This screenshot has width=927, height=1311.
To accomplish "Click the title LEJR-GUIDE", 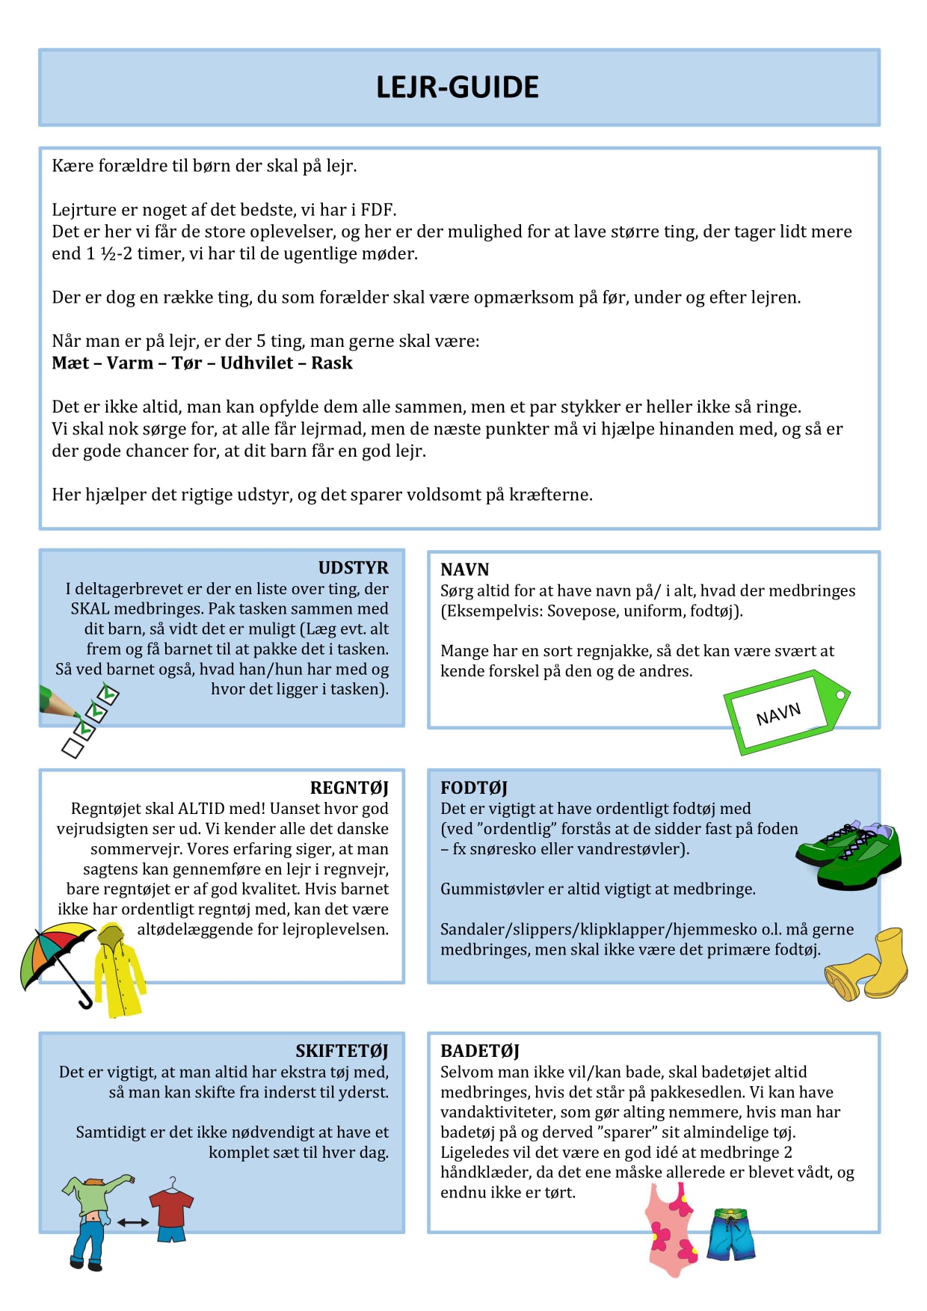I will point(457,87).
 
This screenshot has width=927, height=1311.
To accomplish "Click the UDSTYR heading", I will point(353,567).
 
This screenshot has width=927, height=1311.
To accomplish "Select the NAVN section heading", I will point(464,570).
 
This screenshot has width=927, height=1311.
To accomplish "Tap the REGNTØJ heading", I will point(349,788).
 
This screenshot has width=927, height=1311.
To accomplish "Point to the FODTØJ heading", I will point(474,788).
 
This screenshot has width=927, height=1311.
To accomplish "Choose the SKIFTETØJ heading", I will point(342,1051).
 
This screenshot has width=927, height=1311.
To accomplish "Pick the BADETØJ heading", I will point(479,1051).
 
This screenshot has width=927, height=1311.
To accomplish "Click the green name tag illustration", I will point(785,712).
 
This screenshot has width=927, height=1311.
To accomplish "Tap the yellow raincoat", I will point(117,972).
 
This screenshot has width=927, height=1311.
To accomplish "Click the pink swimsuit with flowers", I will point(671,1230).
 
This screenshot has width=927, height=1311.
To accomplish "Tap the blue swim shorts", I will point(731,1234).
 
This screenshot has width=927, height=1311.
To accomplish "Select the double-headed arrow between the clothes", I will point(132,1223).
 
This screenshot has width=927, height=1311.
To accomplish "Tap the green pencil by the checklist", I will point(58,703).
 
